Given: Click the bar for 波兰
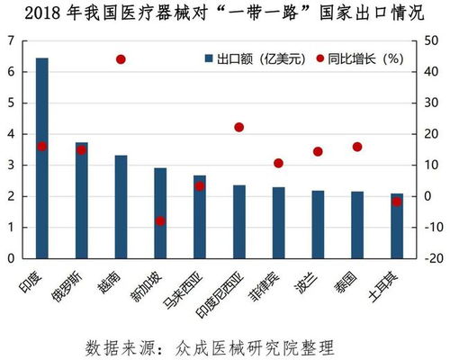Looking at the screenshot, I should point(318,225).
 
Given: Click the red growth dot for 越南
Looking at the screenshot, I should point(121,59).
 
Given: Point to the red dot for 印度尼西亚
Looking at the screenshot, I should point(239,128).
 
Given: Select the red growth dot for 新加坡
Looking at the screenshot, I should point(160,221).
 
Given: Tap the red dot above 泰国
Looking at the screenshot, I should point(357,147).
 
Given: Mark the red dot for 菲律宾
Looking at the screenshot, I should point(278,164).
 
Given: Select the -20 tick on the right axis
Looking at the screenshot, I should point(429,259).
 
